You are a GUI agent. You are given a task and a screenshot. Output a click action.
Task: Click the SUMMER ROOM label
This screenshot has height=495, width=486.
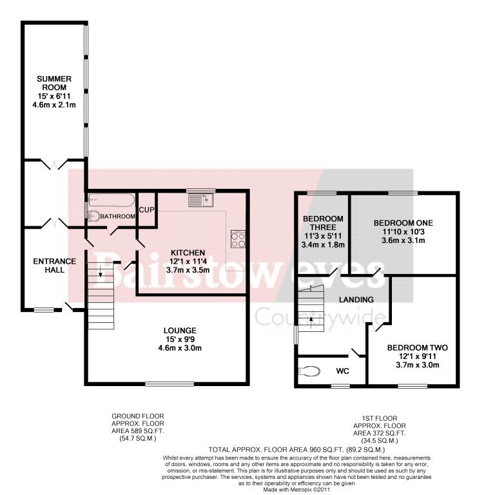point(54,83)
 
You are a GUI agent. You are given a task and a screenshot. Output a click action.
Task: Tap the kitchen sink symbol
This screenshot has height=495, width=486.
point(201,200)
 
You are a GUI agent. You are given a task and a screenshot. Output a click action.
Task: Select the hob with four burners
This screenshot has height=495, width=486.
point(238,239)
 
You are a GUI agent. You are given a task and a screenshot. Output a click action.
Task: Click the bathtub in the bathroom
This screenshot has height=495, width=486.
point(112,200)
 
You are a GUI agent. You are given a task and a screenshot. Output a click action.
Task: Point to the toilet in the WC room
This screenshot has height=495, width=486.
point(309,371)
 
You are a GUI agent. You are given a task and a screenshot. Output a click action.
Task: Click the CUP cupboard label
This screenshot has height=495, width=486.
point(147,210)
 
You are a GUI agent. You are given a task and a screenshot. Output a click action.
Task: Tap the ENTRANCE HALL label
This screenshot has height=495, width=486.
point(55,266)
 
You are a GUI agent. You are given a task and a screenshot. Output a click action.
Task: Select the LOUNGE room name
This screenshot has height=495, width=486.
point(180,331)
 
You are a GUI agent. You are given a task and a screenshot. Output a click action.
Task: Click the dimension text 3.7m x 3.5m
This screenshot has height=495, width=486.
point(188,270)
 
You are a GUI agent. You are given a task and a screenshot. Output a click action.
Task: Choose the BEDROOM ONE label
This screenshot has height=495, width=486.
point(403,223)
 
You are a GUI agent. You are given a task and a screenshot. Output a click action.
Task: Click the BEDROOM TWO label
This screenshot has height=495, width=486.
point(418,348)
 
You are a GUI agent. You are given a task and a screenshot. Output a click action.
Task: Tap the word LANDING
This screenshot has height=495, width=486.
point(356,300)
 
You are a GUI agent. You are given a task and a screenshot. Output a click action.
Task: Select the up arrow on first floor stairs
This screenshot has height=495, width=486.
point(311,322)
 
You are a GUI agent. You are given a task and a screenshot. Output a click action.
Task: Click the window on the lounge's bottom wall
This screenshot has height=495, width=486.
point(170,384)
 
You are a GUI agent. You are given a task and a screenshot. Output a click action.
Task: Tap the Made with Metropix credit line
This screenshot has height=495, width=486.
point(297,490)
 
